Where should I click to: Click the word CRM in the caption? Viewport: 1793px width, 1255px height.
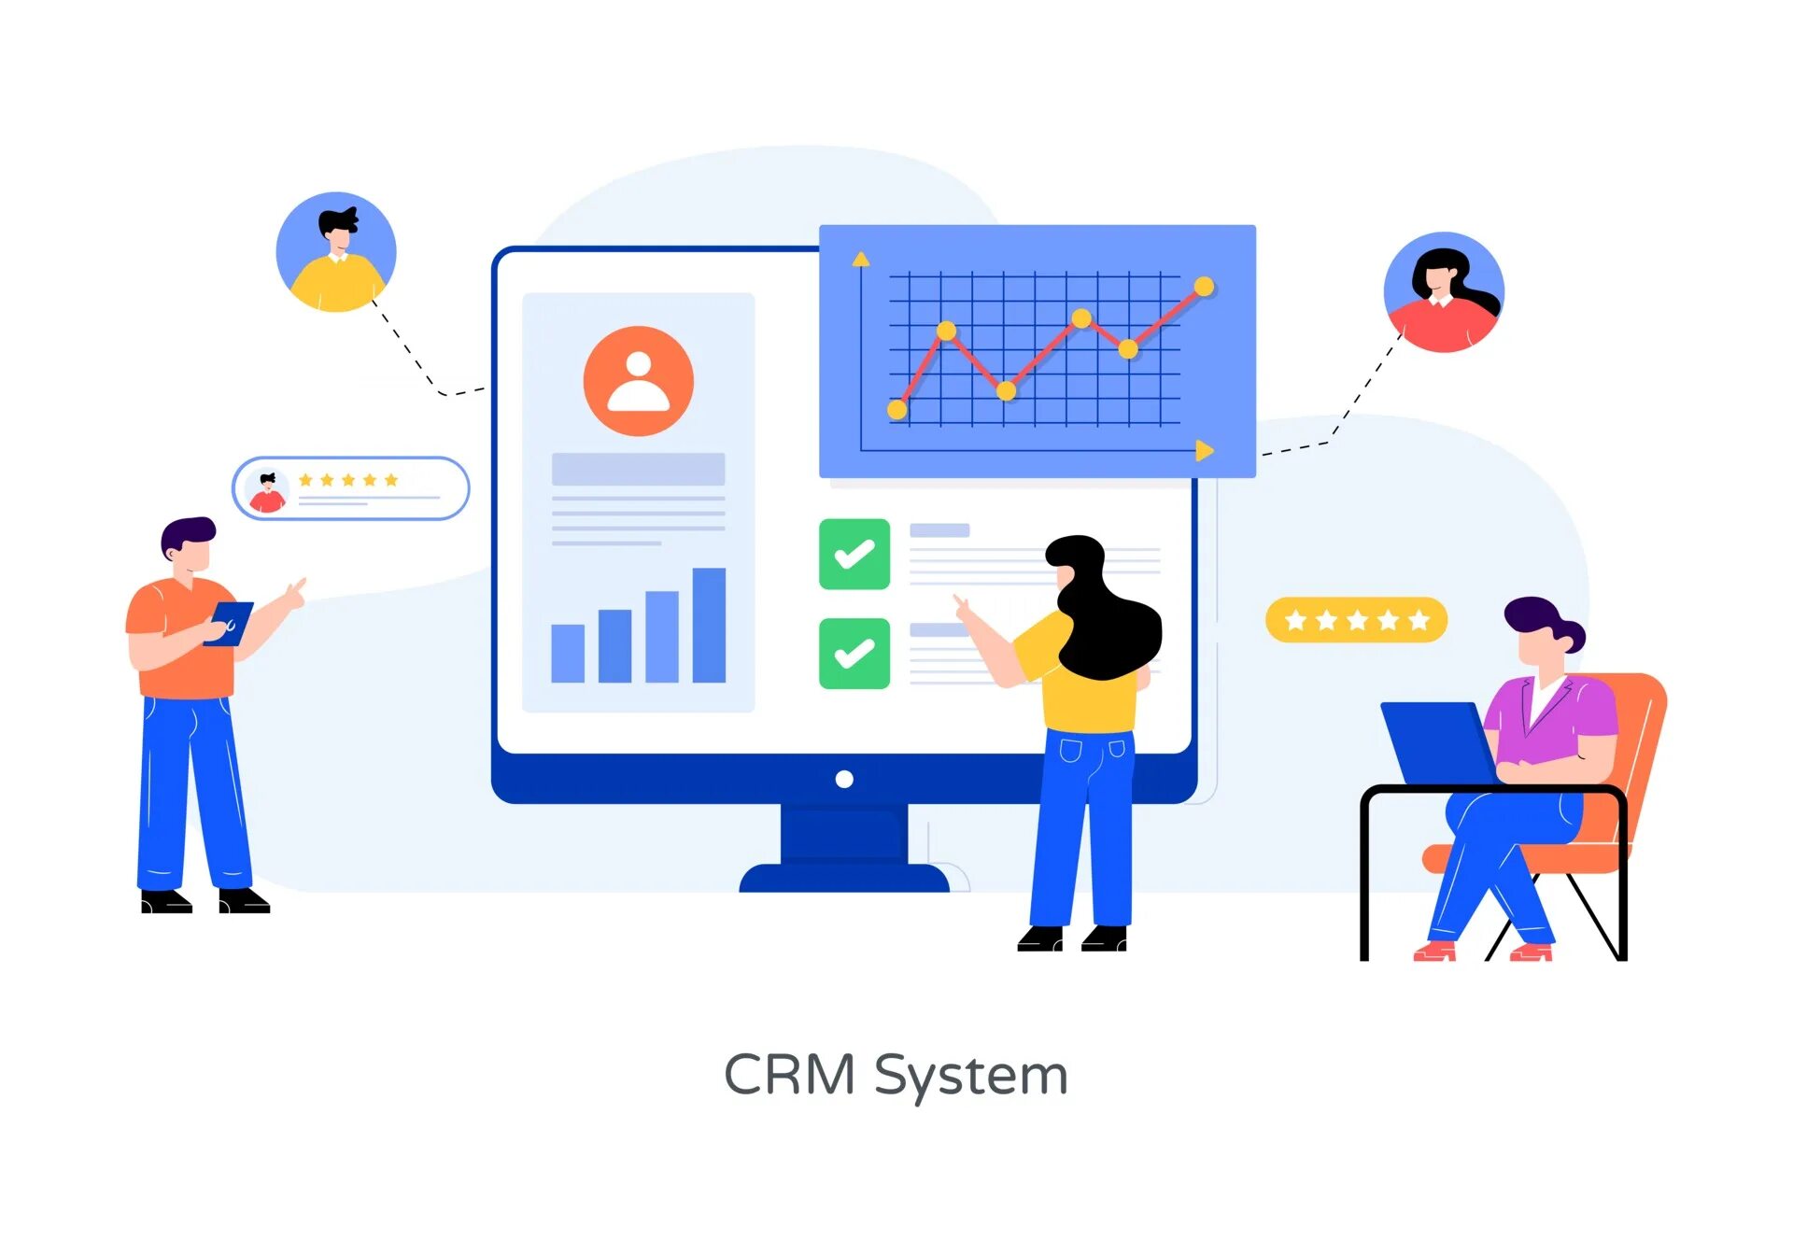789,1075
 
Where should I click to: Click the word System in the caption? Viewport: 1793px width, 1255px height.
970,1077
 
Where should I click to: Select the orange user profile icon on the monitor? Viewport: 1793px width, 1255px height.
638,381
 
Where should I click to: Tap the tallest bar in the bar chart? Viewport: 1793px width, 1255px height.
709,625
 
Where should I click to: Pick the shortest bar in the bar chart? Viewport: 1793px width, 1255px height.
568,653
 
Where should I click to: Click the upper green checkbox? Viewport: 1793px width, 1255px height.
854,554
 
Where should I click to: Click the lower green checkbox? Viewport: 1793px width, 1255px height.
854,654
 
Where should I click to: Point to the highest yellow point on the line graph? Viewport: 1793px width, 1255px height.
1204,287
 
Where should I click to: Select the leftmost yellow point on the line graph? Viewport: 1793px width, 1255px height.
896,409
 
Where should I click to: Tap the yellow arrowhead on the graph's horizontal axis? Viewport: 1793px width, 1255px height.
1205,451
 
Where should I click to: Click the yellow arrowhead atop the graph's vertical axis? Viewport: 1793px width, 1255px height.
861,259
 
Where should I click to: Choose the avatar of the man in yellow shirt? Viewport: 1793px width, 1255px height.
336,252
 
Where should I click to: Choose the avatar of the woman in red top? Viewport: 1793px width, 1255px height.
1444,292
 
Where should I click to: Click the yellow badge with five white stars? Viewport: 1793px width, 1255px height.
1356,620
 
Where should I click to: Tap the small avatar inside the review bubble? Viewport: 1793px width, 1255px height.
267,490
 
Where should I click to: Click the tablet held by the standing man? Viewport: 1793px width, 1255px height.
230,623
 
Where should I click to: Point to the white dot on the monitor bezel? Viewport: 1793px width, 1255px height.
844,779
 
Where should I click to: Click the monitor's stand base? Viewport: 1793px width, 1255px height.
843,878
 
